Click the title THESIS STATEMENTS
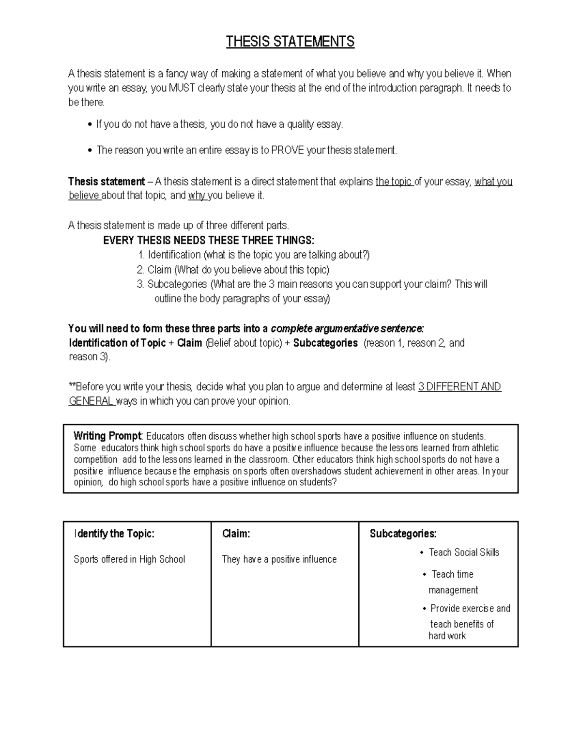[x=290, y=42]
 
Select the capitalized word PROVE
[x=288, y=150]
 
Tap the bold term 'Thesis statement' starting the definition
[x=107, y=182]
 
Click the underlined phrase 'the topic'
[x=394, y=182]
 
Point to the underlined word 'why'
[x=197, y=196]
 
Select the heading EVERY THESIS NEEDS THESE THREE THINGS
[x=209, y=241]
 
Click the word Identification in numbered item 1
[x=174, y=255]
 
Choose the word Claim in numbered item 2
[x=159, y=270]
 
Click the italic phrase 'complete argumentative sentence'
[x=347, y=329]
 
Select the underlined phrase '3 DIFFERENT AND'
[x=459, y=387]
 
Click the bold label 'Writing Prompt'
[x=107, y=436]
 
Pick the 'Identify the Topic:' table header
[x=114, y=534]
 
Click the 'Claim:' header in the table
[x=236, y=534]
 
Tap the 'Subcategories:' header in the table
[x=403, y=534]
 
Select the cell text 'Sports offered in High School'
[x=129, y=559]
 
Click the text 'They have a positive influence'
[x=279, y=559]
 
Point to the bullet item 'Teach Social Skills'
[x=464, y=552]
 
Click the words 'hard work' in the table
[x=447, y=636]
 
